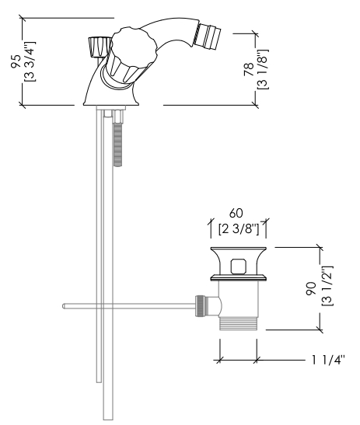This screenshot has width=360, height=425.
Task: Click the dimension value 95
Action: click(x=16, y=61)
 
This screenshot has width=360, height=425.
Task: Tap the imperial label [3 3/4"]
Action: click(x=30, y=61)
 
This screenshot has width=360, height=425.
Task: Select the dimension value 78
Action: click(x=249, y=69)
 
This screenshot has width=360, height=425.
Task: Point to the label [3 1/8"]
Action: click(x=263, y=69)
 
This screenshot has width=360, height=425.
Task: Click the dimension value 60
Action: click(x=236, y=214)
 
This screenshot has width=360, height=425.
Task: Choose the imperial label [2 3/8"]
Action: click(x=239, y=229)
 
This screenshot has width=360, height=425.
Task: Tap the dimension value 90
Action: click(x=311, y=288)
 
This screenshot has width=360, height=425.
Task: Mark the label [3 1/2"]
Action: click(x=327, y=286)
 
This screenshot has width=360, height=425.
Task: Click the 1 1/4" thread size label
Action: click(x=328, y=360)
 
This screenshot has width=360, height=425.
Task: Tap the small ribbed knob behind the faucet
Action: click(x=100, y=47)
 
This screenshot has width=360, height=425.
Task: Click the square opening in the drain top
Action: click(x=239, y=266)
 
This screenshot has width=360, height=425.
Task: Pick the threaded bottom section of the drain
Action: click(x=238, y=324)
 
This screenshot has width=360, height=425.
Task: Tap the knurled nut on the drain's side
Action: click(x=200, y=306)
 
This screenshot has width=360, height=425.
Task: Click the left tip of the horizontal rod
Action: click(x=63, y=306)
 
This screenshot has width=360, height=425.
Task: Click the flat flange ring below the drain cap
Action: click(x=239, y=278)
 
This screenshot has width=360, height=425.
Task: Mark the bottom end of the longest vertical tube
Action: click(x=108, y=420)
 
